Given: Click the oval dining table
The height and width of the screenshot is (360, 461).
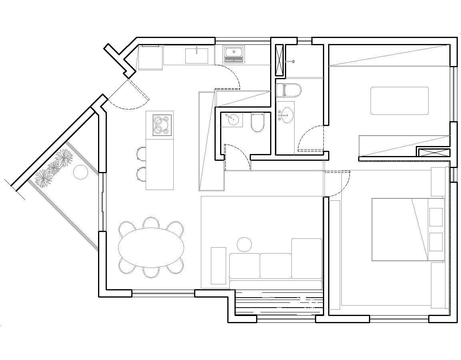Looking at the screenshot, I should coord(151,247).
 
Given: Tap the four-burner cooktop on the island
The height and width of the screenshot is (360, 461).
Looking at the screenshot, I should coord(162,125).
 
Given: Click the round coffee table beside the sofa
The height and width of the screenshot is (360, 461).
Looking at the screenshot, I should coord(244,244).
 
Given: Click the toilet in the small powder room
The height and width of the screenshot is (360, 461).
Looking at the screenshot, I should coord(258,122).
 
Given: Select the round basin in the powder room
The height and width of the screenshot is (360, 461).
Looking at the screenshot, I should coord(232,119).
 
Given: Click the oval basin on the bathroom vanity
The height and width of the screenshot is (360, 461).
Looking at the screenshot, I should coord(287,115).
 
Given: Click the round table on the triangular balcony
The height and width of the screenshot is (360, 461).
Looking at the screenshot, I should coord(80,172).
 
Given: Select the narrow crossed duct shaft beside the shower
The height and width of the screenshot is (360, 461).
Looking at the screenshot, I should coord(279,60).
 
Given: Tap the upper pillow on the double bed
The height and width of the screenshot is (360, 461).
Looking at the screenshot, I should coord(436,218).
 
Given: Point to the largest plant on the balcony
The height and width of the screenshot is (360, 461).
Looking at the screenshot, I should coord(64,157).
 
